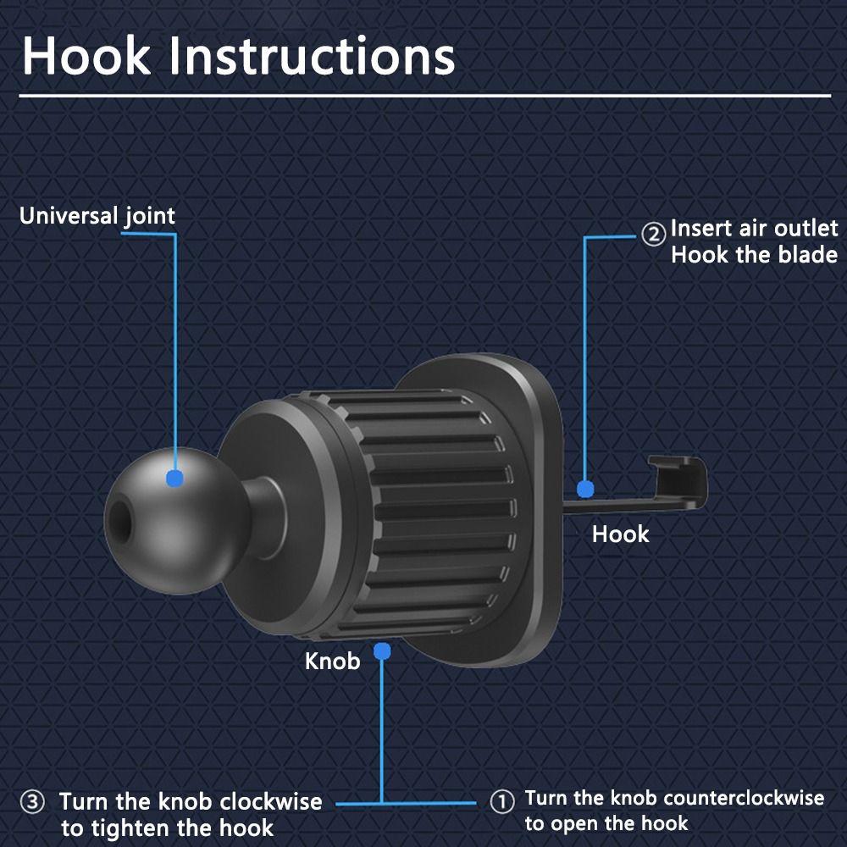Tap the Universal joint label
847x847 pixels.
tap(97, 216)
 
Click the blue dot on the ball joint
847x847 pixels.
tap(174, 479)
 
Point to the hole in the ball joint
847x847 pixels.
tap(119, 521)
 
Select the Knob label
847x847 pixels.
tap(332, 660)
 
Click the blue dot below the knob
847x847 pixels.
tap(382, 651)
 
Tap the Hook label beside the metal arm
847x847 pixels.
tap(620, 534)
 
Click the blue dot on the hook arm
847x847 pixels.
tap(584, 489)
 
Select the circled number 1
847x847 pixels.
tap(502, 802)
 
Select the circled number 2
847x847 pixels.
tap(652, 235)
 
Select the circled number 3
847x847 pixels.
tap(32, 802)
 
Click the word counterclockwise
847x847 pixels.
tap(744, 798)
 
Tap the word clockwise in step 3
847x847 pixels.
tap(271, 801)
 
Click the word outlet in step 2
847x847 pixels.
tap(805, 228)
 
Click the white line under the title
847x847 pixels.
tap(423, 97)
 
